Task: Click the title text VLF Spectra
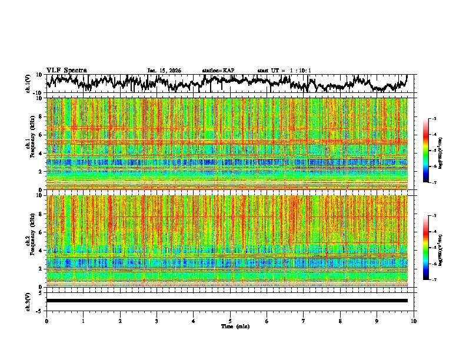66,70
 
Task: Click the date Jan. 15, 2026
164,71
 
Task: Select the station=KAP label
218,71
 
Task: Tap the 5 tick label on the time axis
230,321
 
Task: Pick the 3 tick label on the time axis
157,321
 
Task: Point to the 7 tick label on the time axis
304,321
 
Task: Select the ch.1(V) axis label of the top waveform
28,84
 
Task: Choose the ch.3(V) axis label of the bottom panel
28,301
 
